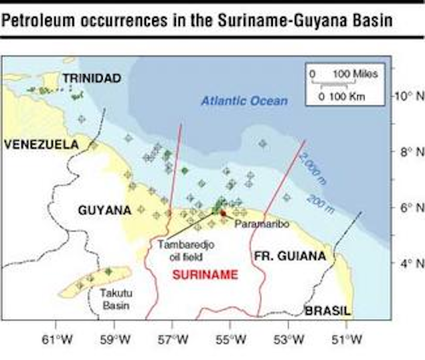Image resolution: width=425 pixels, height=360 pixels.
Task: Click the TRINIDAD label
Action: click(x=92, y=78)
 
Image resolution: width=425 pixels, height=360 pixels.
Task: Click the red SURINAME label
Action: click(x=200, y=274)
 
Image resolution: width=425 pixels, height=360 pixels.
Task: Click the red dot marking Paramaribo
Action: click(x=223, y=213)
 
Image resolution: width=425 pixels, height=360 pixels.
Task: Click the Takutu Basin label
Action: click(x=112, y=298)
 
